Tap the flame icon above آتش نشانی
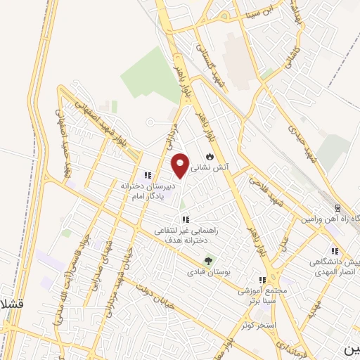(x=210, y=155)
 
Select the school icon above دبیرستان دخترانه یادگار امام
(x=148, y=175)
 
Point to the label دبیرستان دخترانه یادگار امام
(x=146, y=191)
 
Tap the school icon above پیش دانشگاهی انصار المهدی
(x=335, y=250)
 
